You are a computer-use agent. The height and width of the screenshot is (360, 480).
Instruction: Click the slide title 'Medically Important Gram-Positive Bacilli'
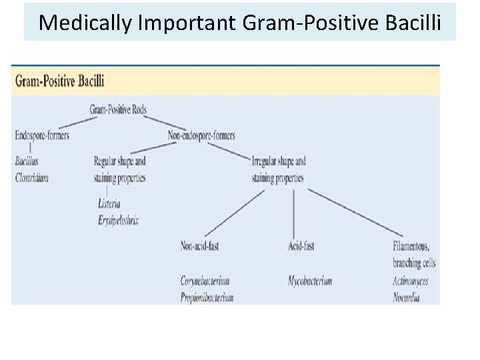click(x=239, y=22)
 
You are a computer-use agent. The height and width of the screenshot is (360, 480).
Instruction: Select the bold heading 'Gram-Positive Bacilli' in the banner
click(x=59, y=82)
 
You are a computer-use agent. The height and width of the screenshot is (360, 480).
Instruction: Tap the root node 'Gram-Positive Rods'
click(x=119, y=109)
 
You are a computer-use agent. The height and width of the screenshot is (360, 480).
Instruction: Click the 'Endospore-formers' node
click(x=42, y=135)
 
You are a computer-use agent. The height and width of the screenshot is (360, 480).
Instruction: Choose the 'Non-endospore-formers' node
click(x=203, y=135)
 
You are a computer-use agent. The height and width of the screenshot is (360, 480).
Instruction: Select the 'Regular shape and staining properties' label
click(x=120, y=169)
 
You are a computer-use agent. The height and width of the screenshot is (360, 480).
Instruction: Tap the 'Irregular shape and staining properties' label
click(x=279, y=169)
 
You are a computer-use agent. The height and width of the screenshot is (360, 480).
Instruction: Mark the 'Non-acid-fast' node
click(x=200, y=246)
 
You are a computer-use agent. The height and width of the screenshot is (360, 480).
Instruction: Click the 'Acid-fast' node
click(x=301, y=246)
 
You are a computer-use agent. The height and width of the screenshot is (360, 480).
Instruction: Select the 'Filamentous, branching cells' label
click(x=415, y=254)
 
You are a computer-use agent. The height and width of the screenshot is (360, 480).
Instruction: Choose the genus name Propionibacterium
click(x=207, y=298)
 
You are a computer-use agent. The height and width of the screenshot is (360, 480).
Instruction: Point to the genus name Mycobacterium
click(x=310, y=281)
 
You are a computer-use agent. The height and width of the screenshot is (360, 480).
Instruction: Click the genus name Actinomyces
click(x=411, y=281)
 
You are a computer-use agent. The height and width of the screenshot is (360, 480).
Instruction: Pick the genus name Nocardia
click(x=406, y=298)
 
